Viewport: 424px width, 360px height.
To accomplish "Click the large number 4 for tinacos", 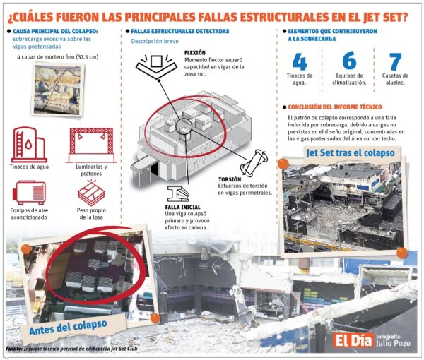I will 299,62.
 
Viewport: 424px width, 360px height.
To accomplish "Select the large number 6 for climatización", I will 348,62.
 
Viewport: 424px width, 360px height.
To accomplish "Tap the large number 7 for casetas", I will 395,62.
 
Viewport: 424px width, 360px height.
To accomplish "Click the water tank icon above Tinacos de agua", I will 29,145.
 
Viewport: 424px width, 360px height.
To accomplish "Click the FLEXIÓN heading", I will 198,53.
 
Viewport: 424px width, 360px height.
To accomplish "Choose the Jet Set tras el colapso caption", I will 350,152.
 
